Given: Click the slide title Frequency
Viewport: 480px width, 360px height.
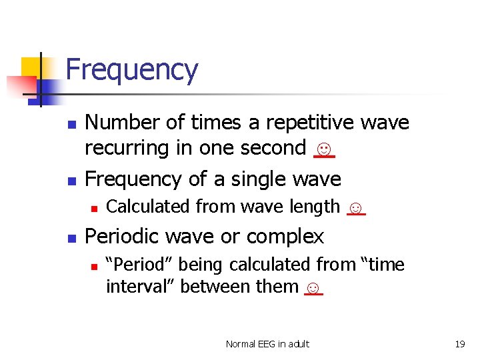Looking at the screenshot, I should tap(132, 70).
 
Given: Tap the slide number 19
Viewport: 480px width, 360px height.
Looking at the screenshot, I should tap(459, 344).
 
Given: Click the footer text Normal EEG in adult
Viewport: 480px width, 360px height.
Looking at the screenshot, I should tap(267, 344).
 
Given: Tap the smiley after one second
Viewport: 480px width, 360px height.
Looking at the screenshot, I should tap(324, 149).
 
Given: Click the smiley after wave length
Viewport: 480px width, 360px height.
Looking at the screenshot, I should tap(357, 208).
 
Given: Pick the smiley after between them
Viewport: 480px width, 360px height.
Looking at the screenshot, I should tap(313, 288).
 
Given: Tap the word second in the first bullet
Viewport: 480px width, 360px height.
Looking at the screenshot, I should tap(271, 148).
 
